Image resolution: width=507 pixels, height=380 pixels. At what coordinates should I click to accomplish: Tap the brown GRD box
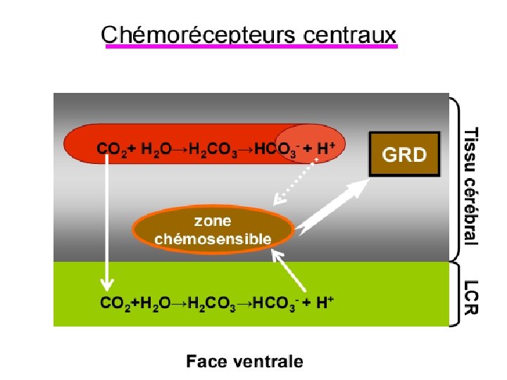pyautogui.click(x=404, y=154)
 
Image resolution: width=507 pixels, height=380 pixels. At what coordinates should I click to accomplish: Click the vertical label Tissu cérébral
pyautogui.click(x=470, y=186)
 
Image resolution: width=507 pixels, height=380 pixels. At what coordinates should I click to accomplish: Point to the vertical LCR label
pyautogui.click(x=470, y=298)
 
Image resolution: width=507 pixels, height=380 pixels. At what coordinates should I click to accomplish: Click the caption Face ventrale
pyautogui.click(x=244, y=362)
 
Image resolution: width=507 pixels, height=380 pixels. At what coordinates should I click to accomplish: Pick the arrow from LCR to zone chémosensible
pyautogui.click(x=289, y=272)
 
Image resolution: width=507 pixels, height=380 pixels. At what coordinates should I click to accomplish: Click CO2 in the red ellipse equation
pyautogui.click(x=111, y=148)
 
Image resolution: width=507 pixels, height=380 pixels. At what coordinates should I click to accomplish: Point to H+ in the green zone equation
pyautogui.click(x=325, y=303)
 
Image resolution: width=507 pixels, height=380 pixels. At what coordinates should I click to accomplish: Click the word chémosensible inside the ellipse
pyautogui.click(x=213, y=239)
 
